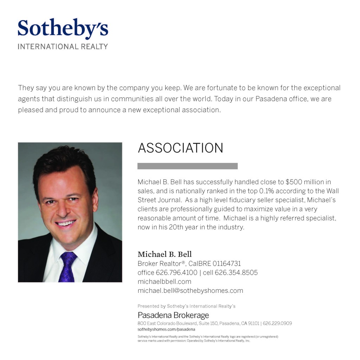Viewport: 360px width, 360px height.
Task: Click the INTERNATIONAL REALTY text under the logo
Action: click(x=63, y=46)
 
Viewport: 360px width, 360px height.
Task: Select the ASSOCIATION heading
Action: click(x=180, y=148)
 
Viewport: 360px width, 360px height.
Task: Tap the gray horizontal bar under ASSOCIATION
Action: click(x=187, y=166)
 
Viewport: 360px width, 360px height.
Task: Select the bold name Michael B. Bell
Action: click(x=165, y=254)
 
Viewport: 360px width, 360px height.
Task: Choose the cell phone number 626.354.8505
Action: click(x=236, y=273)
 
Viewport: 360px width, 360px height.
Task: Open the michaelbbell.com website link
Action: click(x=164, y=282)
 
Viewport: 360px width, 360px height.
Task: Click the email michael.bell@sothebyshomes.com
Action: click(x=190, y=291)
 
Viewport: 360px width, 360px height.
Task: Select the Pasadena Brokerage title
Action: click(x=173, y=315)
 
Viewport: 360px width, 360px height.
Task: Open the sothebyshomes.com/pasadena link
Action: click(x=166, y=330)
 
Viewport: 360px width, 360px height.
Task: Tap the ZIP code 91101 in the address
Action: click(x=253, y=323)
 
